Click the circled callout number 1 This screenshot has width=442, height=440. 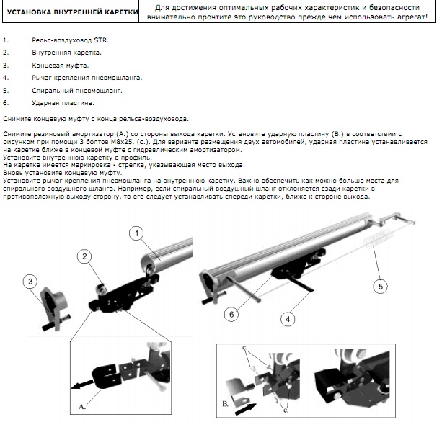(x=137, y=233)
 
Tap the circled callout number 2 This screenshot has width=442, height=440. (x=84, y=256)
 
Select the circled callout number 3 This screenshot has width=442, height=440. (x=30, y=282)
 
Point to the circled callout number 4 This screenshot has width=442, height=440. (x=288, y=319)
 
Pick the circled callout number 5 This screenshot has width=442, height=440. (x=380, y=287)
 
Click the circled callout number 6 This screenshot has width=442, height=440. (x=231, y=314)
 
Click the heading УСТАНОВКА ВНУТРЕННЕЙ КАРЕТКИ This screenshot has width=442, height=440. (x=72, y=12)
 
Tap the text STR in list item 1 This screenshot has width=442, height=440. (x=101, y=40)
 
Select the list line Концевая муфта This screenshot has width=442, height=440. (x=61, y=66)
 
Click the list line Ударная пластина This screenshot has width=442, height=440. (x=63, y=103)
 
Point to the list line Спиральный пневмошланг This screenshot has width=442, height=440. (x=77, y=91)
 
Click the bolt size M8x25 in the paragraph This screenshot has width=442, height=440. (x=122, y=142)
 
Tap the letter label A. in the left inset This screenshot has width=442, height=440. (x=82, y=407)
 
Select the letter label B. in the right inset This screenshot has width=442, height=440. (x=225, y=404)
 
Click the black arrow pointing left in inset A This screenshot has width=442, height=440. (x=81, y=385)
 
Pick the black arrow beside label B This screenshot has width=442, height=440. (x=245, y=409)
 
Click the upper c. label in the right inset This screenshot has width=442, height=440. (x=244, y=348)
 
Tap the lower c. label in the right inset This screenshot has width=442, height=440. (x=286, y=410)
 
